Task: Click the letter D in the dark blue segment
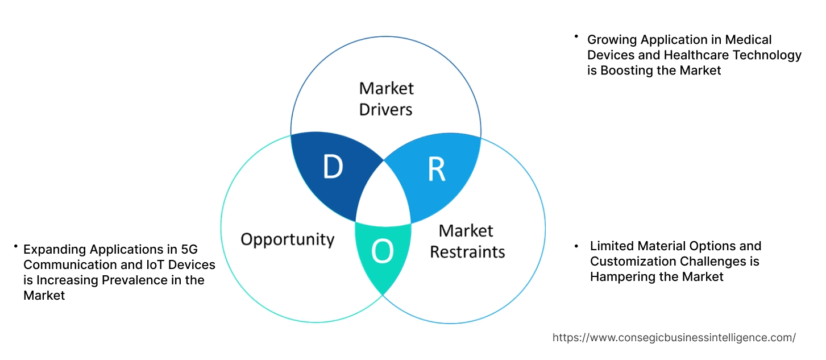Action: tap(333, 167)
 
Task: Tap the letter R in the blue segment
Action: tap(436, 170)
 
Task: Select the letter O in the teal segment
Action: tap(382, 253)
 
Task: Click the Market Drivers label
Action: tap(386, 98)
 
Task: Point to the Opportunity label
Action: tap(287, 239)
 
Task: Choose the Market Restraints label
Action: tap(467, 241)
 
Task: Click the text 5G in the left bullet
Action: tap(188, 249)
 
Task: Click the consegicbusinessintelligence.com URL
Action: tap(674, 338)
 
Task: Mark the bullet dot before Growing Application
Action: tap(575, 37)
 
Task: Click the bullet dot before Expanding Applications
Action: tap(16, 246)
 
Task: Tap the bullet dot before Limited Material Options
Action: tap(577, 246)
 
